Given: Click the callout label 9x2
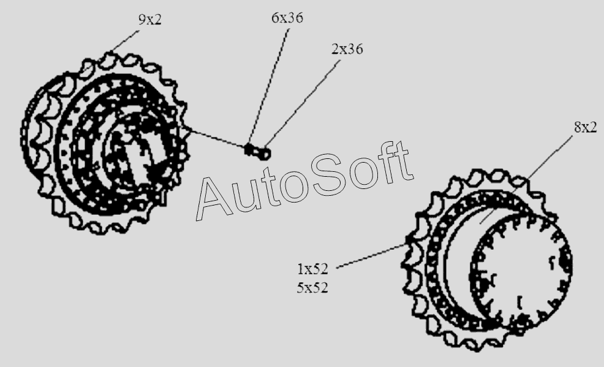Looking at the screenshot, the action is click(150, 19).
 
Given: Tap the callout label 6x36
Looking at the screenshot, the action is click(287, 18).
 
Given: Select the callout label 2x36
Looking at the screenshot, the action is click(347, 49).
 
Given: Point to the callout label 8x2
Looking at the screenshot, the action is click(586, 126).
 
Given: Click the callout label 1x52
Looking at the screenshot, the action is click(312, 269).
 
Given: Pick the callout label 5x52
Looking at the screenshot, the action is click(312, 288).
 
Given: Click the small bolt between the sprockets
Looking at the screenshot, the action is click(258, 151).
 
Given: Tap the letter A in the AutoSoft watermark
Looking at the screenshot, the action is click(214, 198).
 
